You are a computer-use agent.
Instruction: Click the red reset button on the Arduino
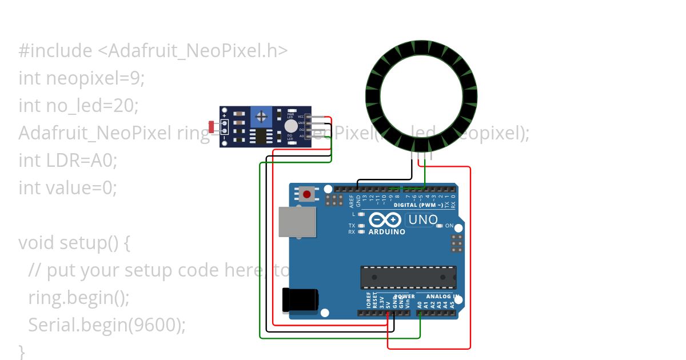[x=307, y=194]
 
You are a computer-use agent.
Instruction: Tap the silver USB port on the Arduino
[x=297, y=222]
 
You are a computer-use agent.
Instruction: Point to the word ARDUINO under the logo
[x=387, y=232]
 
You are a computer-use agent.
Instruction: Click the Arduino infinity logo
[x=385, y=220]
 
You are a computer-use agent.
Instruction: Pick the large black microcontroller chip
[x=408, y=277]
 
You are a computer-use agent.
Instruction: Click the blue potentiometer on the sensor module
[x=261, y=117]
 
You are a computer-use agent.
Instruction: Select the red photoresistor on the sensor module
[x=212, y=127]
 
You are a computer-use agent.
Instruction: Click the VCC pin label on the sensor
[x=301, y=117]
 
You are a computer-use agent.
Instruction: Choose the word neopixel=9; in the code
[x=95, y=78]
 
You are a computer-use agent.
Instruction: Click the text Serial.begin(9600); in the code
[x=107, y=325]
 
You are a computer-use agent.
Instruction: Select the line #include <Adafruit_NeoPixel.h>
[x=153, y=51]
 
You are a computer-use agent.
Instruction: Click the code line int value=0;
[x=67, y=187]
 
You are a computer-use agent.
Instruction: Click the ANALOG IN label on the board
[x=442, y=297]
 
